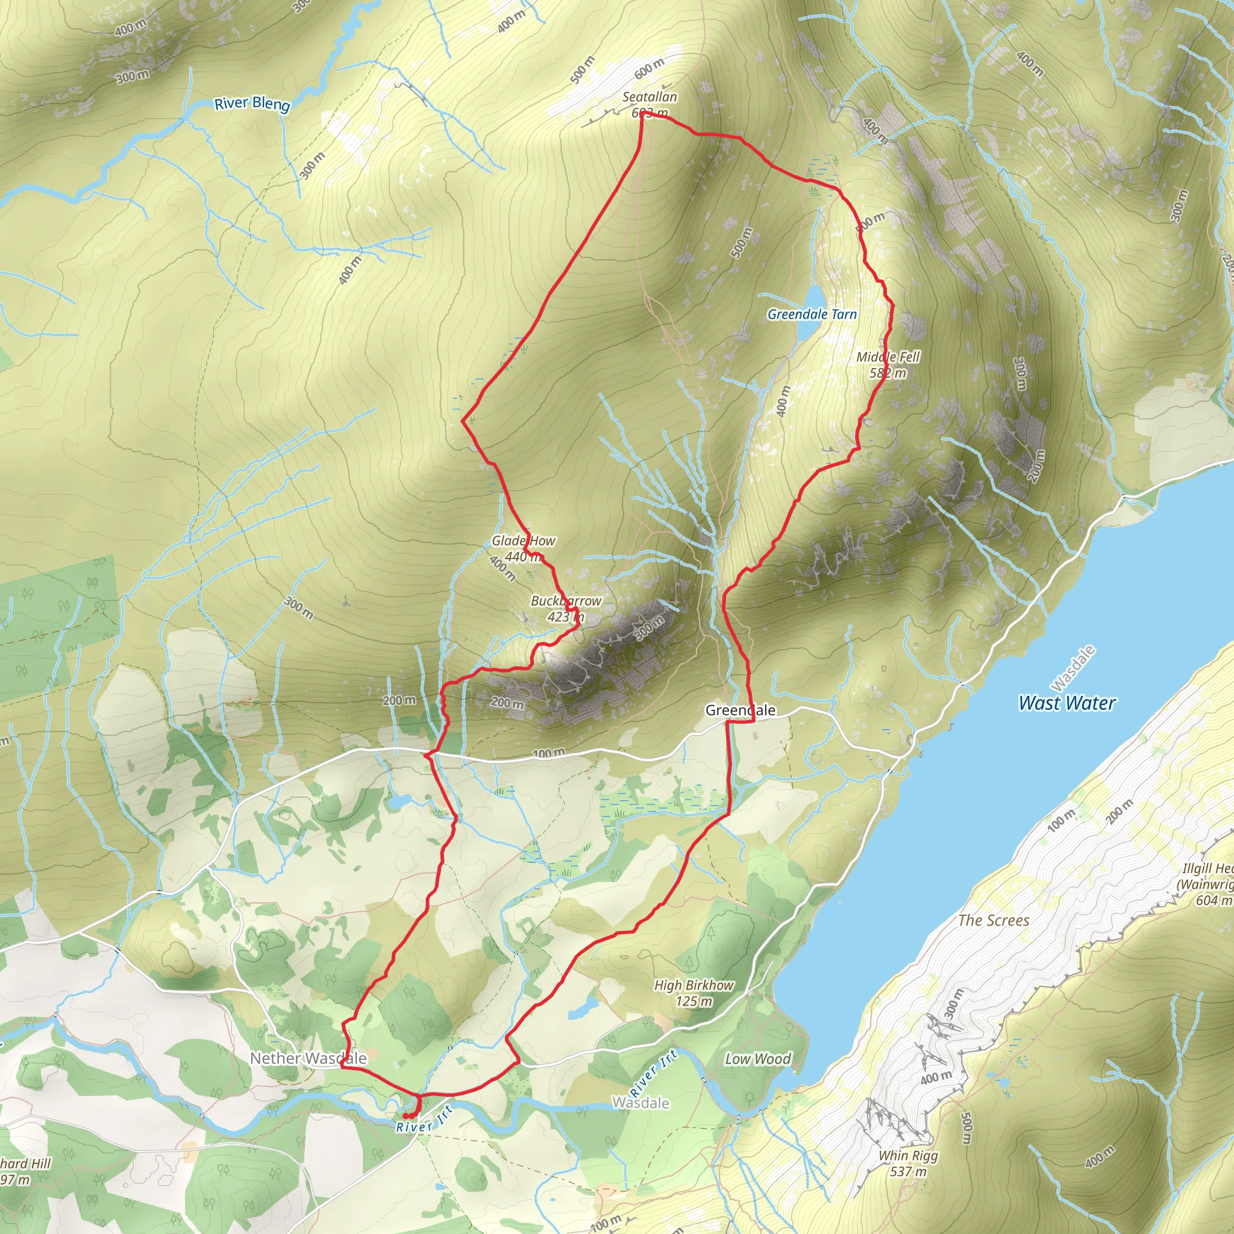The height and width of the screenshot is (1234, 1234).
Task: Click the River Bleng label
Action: click(x=252, y=104)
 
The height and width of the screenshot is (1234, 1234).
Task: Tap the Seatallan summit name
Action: click(x=650, y=97)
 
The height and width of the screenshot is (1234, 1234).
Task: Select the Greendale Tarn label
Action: click(x=812, y=315)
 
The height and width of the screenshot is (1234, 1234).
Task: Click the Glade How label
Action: click(x=523, y=541)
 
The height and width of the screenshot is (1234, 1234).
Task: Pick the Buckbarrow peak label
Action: click(x=566, y=601)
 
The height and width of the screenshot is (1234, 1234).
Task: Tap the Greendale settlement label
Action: click(x=741, y=710)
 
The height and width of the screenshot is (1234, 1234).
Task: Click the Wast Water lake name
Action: click(x=1066, y=703)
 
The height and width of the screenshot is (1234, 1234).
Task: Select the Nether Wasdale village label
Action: click(x=308, y=1058)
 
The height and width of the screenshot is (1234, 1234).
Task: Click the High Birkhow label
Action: click(x=694, y=986)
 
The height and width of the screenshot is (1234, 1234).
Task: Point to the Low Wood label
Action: click(x=757, y=1059)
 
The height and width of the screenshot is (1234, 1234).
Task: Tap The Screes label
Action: click(x=994, y=921)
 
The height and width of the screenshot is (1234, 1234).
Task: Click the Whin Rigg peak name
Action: click(x=908, y=1156)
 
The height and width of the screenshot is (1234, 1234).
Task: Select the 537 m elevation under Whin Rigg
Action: click(x=908, y=1171)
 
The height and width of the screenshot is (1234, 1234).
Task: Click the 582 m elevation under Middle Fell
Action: click(x=887, y=373)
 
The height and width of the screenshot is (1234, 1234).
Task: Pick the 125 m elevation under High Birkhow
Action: click(x=694, y=1001)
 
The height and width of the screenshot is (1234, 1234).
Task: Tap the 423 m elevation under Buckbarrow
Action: click(x=566, y=617)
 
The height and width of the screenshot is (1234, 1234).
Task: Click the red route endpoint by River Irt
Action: click(x=406, y=1116)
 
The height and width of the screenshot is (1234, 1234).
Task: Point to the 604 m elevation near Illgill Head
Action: click(x=1213, y=900)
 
